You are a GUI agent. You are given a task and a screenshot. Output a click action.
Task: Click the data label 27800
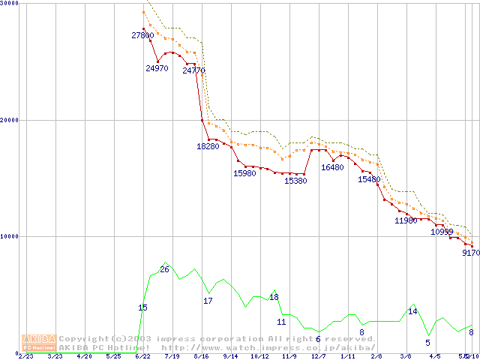[142, 35]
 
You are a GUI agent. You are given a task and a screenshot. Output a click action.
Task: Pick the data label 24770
[193, 71]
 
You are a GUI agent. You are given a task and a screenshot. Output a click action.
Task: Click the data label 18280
[208, 146]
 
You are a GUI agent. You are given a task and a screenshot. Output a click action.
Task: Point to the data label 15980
[245, 174]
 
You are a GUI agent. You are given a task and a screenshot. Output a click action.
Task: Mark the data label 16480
[332, 167]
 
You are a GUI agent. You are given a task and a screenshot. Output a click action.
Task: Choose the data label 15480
[369, 180]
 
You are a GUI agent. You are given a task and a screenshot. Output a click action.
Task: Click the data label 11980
[406, 220]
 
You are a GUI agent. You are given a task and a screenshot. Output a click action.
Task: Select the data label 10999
[442, 232]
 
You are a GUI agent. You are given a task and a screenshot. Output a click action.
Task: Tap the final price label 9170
[471, 253]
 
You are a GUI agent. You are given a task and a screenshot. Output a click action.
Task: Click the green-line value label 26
[164, 269]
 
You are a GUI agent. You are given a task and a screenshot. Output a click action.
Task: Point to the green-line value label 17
[208, 301]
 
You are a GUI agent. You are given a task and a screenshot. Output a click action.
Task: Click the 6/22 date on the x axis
[142, 356]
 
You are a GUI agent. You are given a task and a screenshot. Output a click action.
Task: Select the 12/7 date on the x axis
[319, 356]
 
